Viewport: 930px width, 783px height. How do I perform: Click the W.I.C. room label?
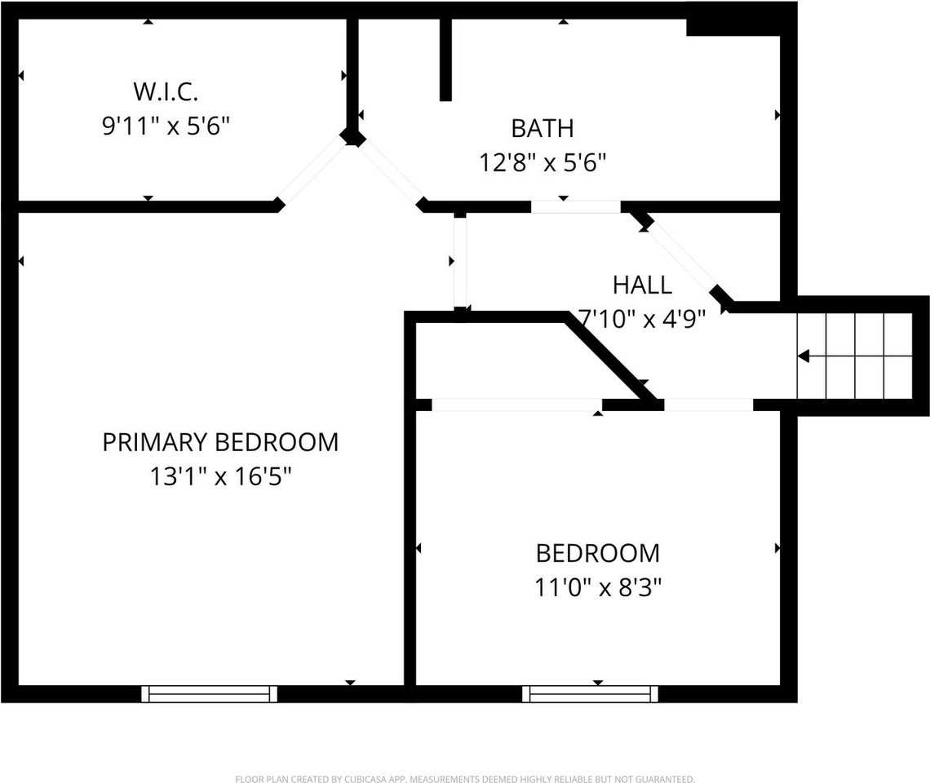pyautogui.click(x=166, y=90)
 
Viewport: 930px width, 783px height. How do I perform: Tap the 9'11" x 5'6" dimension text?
pyautogui.click(x=166, y=126)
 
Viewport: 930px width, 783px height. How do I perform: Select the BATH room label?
pyautogui.click(x=542, y=128)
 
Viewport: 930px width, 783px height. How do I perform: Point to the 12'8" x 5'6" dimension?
pyautogui.click(x=542, y=163)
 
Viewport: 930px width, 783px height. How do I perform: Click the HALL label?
pyautogui.click(x=642, y=285)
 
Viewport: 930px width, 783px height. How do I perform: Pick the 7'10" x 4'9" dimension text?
pyautogui.click(x=641, y=318)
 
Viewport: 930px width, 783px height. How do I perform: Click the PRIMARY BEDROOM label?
pyautogui.click(x=220, y=442)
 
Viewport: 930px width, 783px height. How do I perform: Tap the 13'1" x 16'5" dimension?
pyautogui.click(x=220, y=476)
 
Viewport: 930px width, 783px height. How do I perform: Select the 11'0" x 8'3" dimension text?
pyautogui.click(x=597, y=587)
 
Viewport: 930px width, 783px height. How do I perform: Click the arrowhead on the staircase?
pyautogui.click(x=804, y=356)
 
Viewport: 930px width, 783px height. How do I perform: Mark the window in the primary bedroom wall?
pyautogui.click(x=210, y=693)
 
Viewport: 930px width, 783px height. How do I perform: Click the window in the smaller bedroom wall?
pyautogui.click(x=590, y=693)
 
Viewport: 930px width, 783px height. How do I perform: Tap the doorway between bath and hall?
pyautogui.click(x=576, y=206)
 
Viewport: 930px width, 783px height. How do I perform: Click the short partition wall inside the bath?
pyautogui.click(x=445, y=59)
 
